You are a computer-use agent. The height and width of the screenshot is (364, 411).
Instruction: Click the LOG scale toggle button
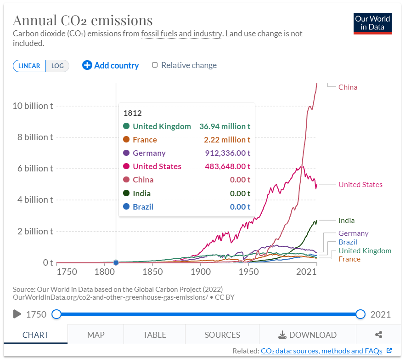tap(57, 66)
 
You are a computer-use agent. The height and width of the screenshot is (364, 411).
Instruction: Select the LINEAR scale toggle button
tap(29, 66)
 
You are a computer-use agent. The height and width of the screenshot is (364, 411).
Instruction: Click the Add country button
tap(111, 65)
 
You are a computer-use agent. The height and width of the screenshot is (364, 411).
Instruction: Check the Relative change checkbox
tap(155, 65)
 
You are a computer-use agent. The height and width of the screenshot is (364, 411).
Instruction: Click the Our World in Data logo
tap(372, 23)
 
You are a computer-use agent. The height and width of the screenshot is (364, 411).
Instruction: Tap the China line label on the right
tap(348, 87)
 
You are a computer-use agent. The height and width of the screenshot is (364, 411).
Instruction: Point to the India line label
tap(346, 221)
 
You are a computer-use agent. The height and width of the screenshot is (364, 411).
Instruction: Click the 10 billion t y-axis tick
tap(33, 106)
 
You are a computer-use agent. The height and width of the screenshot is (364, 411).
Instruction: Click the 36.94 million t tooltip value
tap(225, 126)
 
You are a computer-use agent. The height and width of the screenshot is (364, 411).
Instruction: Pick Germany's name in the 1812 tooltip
tap(149, 153)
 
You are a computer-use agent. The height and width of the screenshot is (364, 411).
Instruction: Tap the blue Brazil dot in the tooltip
tap(126, 207)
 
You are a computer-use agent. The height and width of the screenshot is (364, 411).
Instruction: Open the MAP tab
tap(96, 335)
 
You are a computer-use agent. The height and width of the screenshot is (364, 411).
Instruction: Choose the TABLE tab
tap(154, 335)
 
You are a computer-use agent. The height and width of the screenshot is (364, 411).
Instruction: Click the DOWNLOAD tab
tap(307, 335)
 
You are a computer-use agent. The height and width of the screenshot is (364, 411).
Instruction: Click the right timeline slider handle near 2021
tap(360, 314)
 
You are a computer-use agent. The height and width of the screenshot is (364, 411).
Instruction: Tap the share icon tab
tap(378, 335)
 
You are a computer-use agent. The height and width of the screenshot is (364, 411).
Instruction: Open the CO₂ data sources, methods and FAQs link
tap(321, 351)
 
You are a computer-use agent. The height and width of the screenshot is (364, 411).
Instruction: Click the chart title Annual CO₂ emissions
tap(83, 20)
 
